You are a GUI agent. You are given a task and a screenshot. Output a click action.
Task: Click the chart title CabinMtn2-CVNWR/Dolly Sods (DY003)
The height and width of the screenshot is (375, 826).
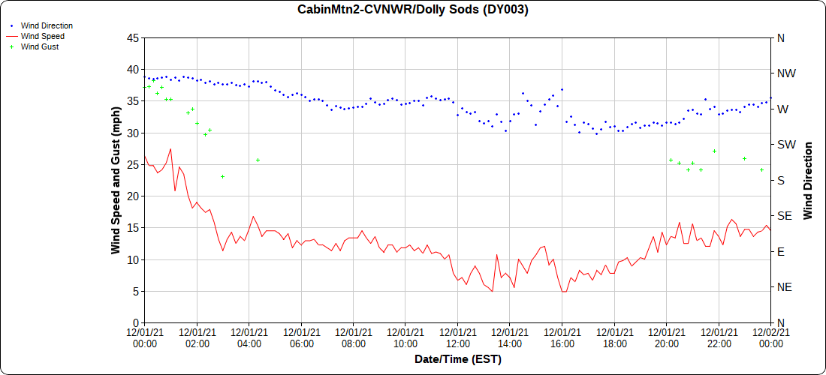coord(413,10)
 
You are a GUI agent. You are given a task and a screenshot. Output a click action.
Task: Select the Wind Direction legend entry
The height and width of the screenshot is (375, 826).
coord(47,25)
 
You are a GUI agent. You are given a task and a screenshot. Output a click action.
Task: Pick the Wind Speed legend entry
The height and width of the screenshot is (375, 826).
coord(42,36)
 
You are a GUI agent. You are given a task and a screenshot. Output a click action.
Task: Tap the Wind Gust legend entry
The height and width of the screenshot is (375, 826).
coord(40,46)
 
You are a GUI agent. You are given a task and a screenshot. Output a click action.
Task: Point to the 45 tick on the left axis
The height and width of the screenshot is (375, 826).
coord(131,37)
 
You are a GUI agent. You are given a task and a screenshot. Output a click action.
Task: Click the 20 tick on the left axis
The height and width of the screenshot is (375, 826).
coord(131,196)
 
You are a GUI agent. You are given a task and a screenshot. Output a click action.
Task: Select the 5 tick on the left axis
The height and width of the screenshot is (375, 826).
coord(134,291)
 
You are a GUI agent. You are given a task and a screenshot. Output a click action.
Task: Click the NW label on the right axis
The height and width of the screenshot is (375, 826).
coord(786,73)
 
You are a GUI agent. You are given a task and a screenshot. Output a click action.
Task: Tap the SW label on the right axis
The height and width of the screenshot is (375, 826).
coord(786,145)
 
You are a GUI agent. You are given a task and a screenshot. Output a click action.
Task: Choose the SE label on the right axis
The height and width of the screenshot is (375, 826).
coord(785,216)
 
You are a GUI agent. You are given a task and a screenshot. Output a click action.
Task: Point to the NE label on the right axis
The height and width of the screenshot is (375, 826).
coord(785,287)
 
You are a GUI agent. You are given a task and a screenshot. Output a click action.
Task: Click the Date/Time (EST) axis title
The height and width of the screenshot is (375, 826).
coord(457,360)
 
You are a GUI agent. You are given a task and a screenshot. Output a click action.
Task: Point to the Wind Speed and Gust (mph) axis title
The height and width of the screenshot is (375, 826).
coord(116,180)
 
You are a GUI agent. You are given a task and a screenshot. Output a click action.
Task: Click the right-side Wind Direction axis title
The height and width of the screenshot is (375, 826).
coord(808,180)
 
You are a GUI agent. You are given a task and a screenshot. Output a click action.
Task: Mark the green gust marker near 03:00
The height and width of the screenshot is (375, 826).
coord(223,176)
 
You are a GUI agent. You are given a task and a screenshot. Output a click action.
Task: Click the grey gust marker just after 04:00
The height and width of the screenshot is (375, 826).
coord(258,160)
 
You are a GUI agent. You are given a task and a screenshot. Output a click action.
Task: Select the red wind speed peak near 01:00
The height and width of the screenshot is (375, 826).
coord(170,149)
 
